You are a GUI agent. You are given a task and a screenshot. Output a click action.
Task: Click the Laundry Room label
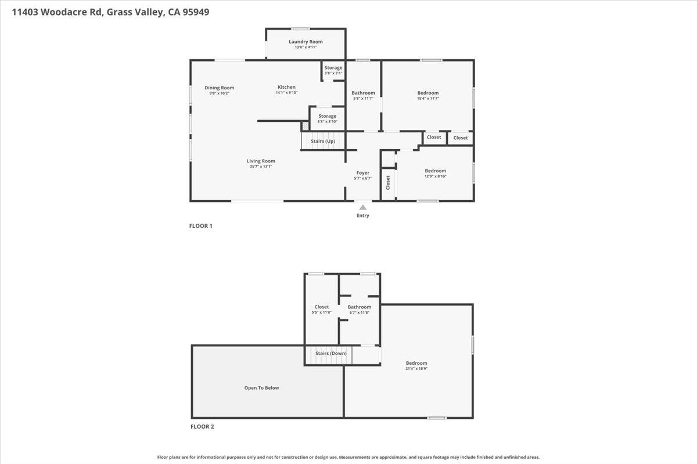pos(306,42)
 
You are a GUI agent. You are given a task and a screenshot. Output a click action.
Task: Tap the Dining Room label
pos(219,88)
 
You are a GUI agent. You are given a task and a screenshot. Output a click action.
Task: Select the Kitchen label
pos(286,87)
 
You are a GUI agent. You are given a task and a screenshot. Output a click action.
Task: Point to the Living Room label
pos(261,161)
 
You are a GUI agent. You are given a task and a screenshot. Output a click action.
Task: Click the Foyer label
pos(362,173)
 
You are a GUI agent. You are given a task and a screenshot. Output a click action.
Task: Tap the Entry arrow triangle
pos(362,207)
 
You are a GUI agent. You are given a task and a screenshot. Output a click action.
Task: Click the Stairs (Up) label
pos(323,141)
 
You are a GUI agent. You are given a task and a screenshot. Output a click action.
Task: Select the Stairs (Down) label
pos(330,353)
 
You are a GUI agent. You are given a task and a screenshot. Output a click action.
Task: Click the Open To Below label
pos(261,388)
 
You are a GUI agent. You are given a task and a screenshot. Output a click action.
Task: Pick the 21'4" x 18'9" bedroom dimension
pos(416,369)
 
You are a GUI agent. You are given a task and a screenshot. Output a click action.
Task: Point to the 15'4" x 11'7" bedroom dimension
pos(427,98)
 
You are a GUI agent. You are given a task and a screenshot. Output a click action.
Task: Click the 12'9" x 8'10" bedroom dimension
pos(435,176)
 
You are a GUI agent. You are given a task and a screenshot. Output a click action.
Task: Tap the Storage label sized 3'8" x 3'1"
pos(333,68)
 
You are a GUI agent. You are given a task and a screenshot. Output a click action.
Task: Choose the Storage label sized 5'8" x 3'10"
pos(327,116)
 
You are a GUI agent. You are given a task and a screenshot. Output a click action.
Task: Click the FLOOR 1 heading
pos(201,226)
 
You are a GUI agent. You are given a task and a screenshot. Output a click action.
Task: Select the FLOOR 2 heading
pos(202,426)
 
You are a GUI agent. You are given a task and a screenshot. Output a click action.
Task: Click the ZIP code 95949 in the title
pos(196,12)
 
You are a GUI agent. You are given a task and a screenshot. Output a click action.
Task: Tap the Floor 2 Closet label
pos(321,307)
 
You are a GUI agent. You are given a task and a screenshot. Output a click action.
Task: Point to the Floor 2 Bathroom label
pos(360,307)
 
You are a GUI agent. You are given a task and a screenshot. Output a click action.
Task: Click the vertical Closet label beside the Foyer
pos(388,183)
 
